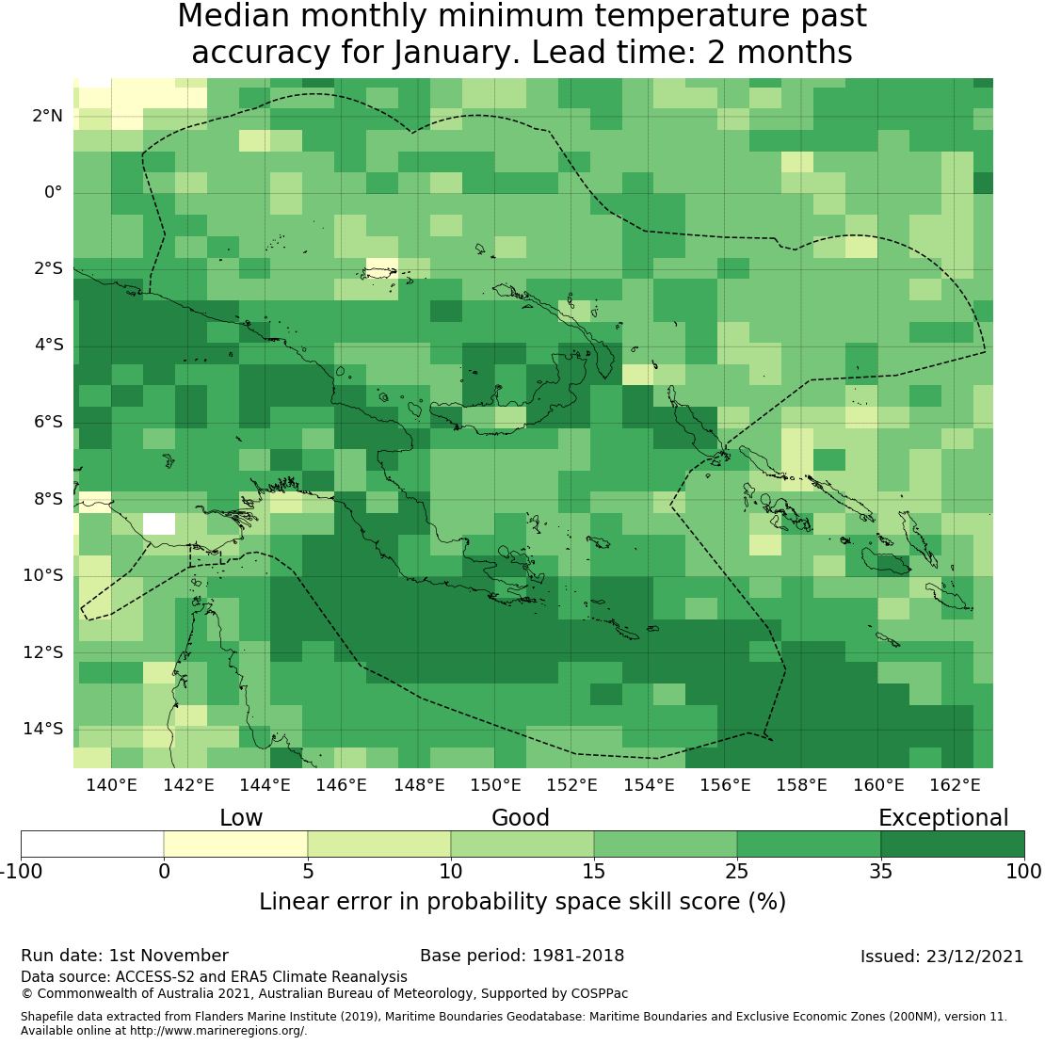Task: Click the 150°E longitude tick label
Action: pyautogui.click(x=495, y=784)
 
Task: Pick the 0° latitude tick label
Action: pyautogui.click(x=53, y=192)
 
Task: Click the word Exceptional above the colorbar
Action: pyautogui.click(x=943, y=818)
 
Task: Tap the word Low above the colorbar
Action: pyautogui.click(x=241, y=818)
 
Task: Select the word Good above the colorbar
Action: pyautogui.click(x=521, y=818)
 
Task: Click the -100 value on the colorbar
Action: pyautogui.click(x=21, y=872)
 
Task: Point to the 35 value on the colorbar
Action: pyautogui.click(x=880, y=872)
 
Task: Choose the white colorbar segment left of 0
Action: pyautogui.click(x=92, y=844)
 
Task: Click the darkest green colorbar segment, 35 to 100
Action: pyautogui.click(x=952, y=844)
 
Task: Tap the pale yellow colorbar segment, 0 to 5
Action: pyautogui.click(x=235, y=844)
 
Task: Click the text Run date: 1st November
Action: pyautogui.click(x=124, y=957)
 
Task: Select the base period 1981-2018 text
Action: pyautogui.click(x=522, y=957)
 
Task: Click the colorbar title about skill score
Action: pyautogui.click(x=522, y=902)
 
